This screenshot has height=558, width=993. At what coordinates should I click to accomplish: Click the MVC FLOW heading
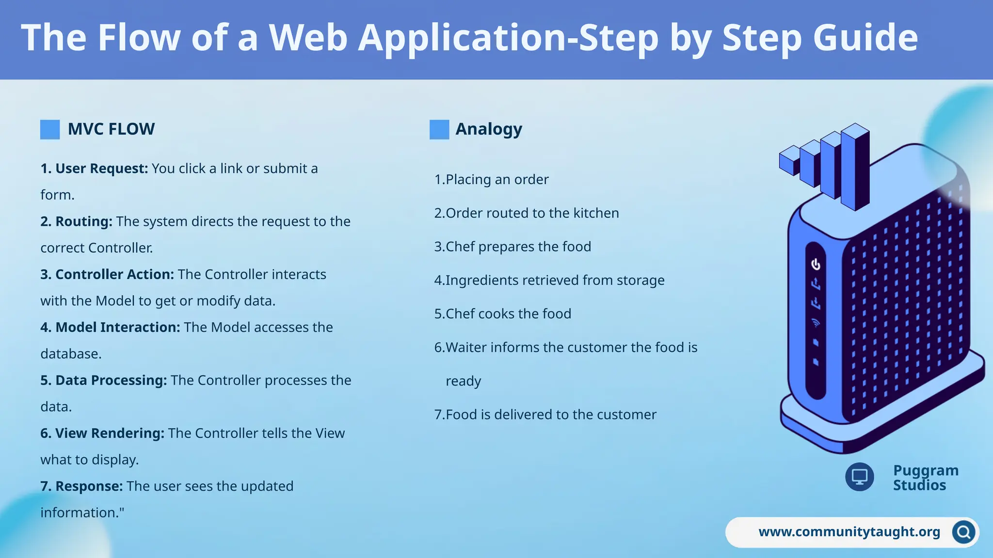(111, 129)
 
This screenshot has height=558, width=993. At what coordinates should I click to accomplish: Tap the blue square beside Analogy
(439, 130)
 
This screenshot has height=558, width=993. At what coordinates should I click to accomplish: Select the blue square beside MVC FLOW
(50, 130)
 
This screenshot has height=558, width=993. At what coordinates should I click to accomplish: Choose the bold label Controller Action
(107, 274)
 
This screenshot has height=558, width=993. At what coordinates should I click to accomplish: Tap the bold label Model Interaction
(111, 327)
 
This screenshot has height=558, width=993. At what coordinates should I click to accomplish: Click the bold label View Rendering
(102, 433)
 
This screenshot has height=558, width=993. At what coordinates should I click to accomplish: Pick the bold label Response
(81, 486)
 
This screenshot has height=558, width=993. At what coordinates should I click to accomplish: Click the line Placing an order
(492, 180)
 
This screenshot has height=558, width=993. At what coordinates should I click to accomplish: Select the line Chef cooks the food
(503, 314)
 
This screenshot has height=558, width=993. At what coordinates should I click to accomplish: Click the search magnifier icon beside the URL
(963, 532)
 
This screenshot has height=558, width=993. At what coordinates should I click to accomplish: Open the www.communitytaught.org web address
(849, 532)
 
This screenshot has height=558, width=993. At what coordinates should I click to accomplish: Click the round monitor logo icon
(860, 477)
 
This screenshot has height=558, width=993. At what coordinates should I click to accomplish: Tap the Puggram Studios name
(925, 478)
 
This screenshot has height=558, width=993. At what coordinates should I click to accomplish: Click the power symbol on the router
(816, 264)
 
